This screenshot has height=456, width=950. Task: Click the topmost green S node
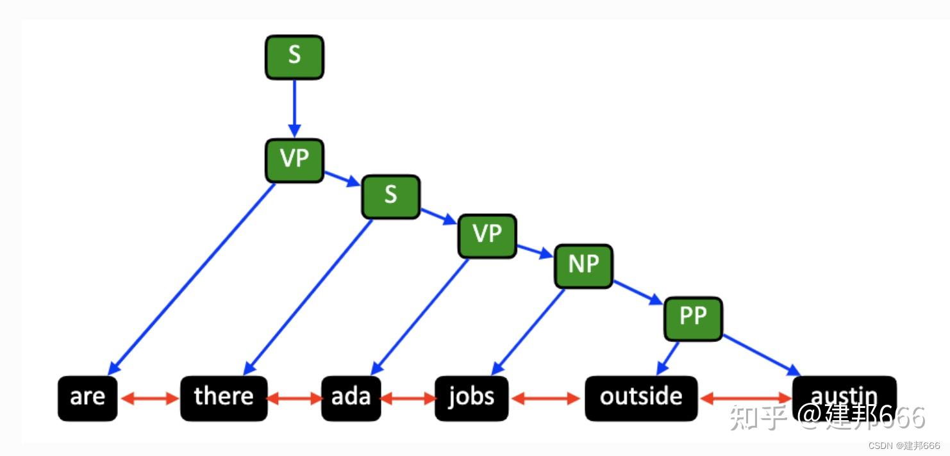click(x=294, y=57)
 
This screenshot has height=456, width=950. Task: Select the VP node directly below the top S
click(x=294, y=160)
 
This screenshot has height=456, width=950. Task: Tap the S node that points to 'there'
click(x=390, y=197)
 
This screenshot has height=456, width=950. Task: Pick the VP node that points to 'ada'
click(x=487, y=236)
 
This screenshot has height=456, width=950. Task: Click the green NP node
click(x=583, y=266)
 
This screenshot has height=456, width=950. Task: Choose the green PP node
click(x=692, y=318)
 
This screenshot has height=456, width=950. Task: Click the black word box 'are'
click(x=88, y=398)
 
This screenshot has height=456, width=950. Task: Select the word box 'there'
click(x=224, y=398)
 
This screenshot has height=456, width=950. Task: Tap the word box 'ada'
click(x=351, y=398)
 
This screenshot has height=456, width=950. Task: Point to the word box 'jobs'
click(x=471, y=398)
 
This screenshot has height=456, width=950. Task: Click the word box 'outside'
click(x=641, y=398)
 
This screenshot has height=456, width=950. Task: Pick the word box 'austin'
click(x=844, y=394)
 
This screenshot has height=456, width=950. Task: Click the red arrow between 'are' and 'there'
click(x=149, y=398)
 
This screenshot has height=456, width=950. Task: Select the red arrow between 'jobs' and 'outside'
click(x=546, y=398)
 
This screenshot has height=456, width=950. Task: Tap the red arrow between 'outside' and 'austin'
click(x=746, y=398)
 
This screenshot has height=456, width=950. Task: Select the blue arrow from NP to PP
click(x=638, y=292)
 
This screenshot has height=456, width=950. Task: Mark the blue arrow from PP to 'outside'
click(x=669, y=359)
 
